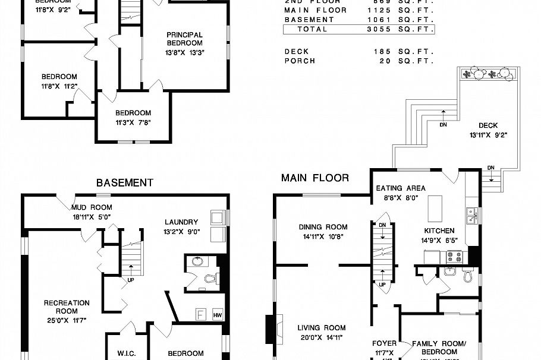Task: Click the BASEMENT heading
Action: click(125, 183)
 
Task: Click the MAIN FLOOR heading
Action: click(314, 178)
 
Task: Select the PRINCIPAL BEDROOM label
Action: click(184, 39)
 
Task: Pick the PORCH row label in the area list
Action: click(300, 61)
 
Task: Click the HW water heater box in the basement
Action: click(217, 315)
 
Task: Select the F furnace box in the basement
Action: click(200, 314)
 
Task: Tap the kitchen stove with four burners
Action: click(454, 257)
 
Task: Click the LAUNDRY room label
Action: click(181, 222)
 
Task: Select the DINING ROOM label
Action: click(323, 227)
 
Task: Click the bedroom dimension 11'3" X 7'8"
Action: click(133, 124)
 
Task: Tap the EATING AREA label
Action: click(401, 188)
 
